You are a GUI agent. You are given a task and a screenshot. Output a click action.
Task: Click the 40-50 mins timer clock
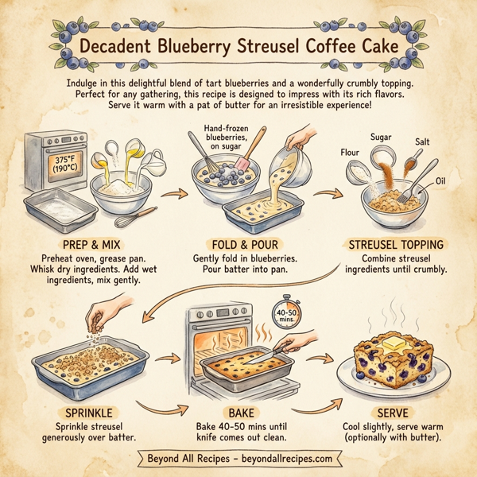(287, 312)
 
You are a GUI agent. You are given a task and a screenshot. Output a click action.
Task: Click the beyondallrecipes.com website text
(281, 459)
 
